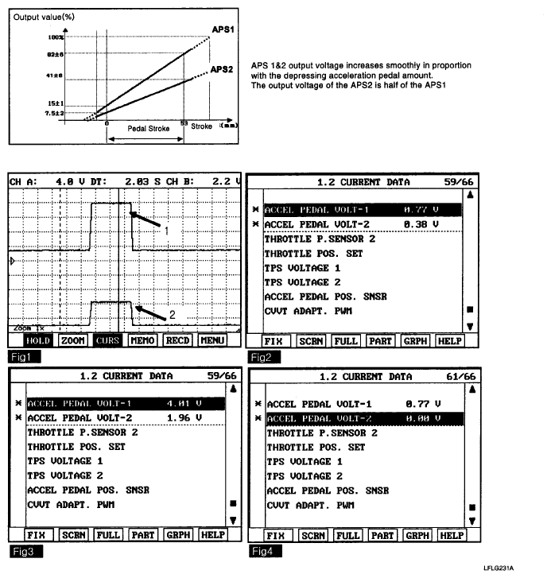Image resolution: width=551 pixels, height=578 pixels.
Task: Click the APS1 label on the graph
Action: click(223, 29)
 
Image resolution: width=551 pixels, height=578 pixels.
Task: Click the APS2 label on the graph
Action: click(222, 70)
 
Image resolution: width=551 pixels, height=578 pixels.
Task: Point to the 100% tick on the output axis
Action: click(55, 37)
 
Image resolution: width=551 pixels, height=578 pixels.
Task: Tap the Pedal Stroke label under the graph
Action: click(149, 128)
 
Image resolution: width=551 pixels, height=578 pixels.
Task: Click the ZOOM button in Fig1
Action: click(73, 340)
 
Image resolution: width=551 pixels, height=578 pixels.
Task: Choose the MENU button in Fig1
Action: click(212, 340)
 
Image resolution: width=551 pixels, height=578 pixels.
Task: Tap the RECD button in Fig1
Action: click(177, 340)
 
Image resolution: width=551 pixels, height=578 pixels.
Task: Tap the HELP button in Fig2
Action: click(449, 340)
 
